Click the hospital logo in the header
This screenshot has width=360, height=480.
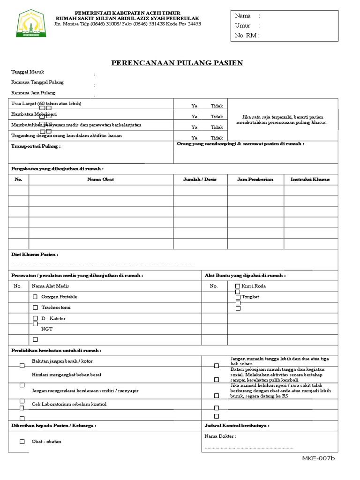tap(31, 24)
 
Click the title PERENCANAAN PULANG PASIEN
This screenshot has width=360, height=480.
tap(177, 63)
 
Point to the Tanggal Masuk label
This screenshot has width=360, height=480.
tap(28, 72)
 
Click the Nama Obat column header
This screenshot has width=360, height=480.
tap(101, 180)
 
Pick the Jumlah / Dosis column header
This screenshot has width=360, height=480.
tap(200, 180)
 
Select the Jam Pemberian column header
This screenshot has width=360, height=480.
tap(255, 180)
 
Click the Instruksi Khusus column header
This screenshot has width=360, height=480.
tap(310, 180)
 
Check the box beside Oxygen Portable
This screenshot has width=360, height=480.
tap(35, 297)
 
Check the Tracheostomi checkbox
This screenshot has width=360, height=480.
tap(35, 307)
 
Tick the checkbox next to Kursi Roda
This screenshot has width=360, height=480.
tap(238, 286)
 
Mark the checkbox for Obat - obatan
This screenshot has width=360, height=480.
tap(22, 442)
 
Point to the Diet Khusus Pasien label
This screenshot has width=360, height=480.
tap(35, 255)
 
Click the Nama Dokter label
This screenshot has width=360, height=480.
tap(220, 436)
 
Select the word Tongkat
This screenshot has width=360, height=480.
tap(250, 297)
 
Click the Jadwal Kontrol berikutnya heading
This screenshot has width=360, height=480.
tap(237, 426)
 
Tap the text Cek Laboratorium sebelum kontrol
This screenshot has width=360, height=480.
tap(69, 404)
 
